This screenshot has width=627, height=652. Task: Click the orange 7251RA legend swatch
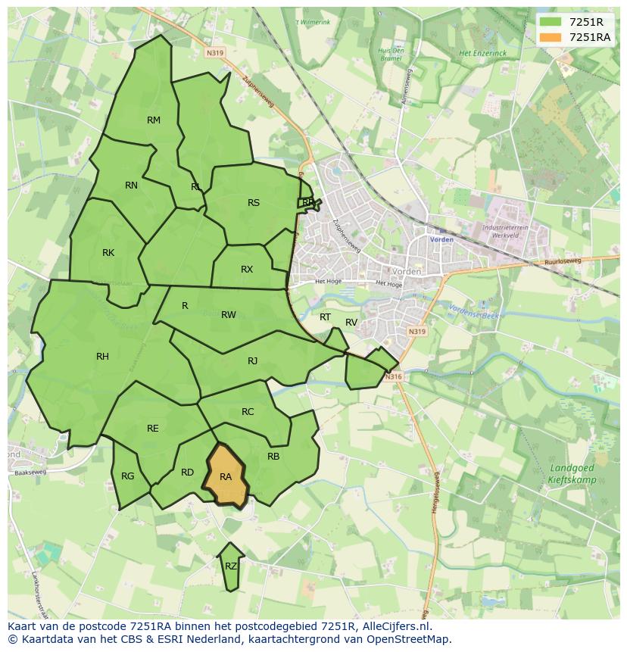(x=551, y=37)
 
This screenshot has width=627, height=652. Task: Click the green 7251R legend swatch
(x=551, y=22)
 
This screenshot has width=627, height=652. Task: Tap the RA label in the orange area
(x=226, y=477)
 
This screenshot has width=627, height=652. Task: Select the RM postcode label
(x=154, y=120)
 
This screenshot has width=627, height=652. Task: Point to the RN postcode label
(x=131, y=186)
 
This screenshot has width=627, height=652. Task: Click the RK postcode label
(x=108, y=252)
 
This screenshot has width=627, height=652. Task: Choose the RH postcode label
(x=102, y=356)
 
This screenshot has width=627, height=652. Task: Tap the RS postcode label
(x=254, y=202)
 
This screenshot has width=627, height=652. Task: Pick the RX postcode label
(x=247, y=270)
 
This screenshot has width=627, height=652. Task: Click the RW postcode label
(x=229, y=315)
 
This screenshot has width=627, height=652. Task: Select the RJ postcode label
(x=253, y=360)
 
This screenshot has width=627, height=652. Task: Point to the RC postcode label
(x=248, y=412)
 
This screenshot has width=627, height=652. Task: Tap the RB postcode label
(x=273, y=456)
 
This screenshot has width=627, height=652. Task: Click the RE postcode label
(x=153, y=429)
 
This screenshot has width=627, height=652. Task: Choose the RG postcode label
(x=127, y=476)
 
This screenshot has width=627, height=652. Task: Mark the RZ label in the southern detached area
(x=231, y=566)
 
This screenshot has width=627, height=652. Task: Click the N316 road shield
(x=391, y=376)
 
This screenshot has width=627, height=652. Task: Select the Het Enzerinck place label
(x=482, y=53)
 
